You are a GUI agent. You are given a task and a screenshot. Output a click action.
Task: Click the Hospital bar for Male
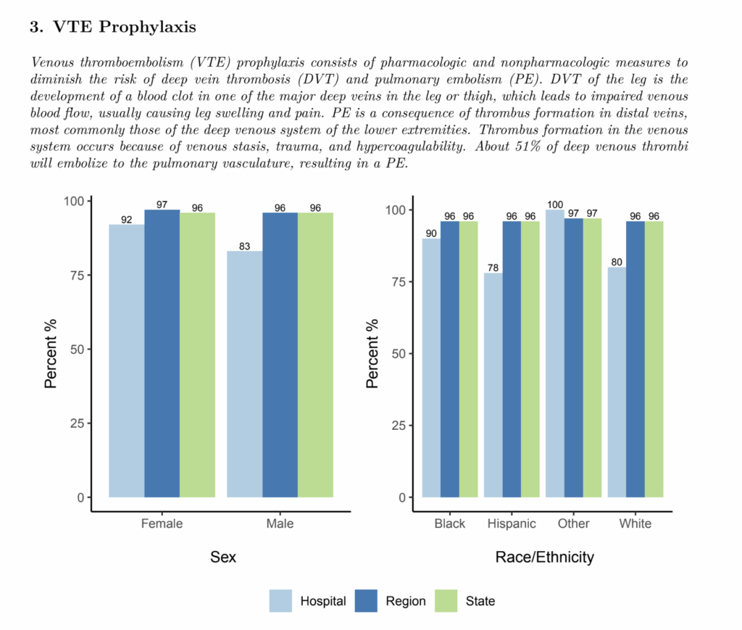tap(244, 373)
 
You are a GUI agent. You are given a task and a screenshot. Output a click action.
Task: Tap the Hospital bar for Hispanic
tap(493, 385)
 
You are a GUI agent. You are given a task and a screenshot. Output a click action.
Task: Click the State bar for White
tap(654, 359)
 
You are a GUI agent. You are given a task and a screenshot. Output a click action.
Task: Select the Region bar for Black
tap(450, 359)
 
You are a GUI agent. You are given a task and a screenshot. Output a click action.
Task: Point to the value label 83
tap(244, 246)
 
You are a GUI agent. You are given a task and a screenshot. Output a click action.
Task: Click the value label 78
tap(493, 268)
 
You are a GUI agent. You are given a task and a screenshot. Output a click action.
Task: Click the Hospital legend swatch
tap(281, 601)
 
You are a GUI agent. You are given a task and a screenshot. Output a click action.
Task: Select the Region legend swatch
tap(366, 601)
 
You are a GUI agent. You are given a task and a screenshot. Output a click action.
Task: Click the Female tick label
tap(162, 523)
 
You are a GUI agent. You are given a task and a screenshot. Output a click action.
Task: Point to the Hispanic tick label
tap(512, 523)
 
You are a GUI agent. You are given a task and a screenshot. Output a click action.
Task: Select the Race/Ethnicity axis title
tap(544, 558)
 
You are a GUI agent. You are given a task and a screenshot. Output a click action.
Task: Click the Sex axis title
tap(223, 558)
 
